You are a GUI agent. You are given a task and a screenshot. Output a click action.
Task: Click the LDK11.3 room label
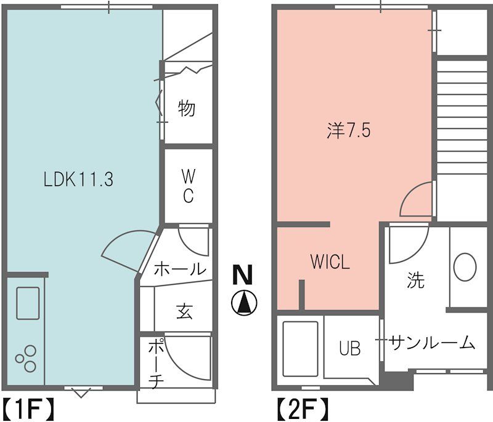coord(78,180)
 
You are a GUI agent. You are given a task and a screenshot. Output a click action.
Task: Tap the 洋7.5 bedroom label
coord(349,131)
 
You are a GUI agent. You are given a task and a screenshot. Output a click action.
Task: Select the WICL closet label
coord(330,263)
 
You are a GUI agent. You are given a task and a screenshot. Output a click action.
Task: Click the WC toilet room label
coord(188,186)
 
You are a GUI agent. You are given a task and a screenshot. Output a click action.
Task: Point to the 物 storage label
coord(186,109)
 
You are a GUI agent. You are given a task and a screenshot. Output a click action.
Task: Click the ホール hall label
coord(179,269)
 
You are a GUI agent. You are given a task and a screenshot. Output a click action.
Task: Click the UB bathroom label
coord(349,348)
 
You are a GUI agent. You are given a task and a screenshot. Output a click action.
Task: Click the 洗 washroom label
coord(416,281)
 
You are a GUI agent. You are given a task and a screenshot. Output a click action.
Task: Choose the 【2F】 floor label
coord(301,408)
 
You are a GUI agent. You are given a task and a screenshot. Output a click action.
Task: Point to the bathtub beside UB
coord(299,349)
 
